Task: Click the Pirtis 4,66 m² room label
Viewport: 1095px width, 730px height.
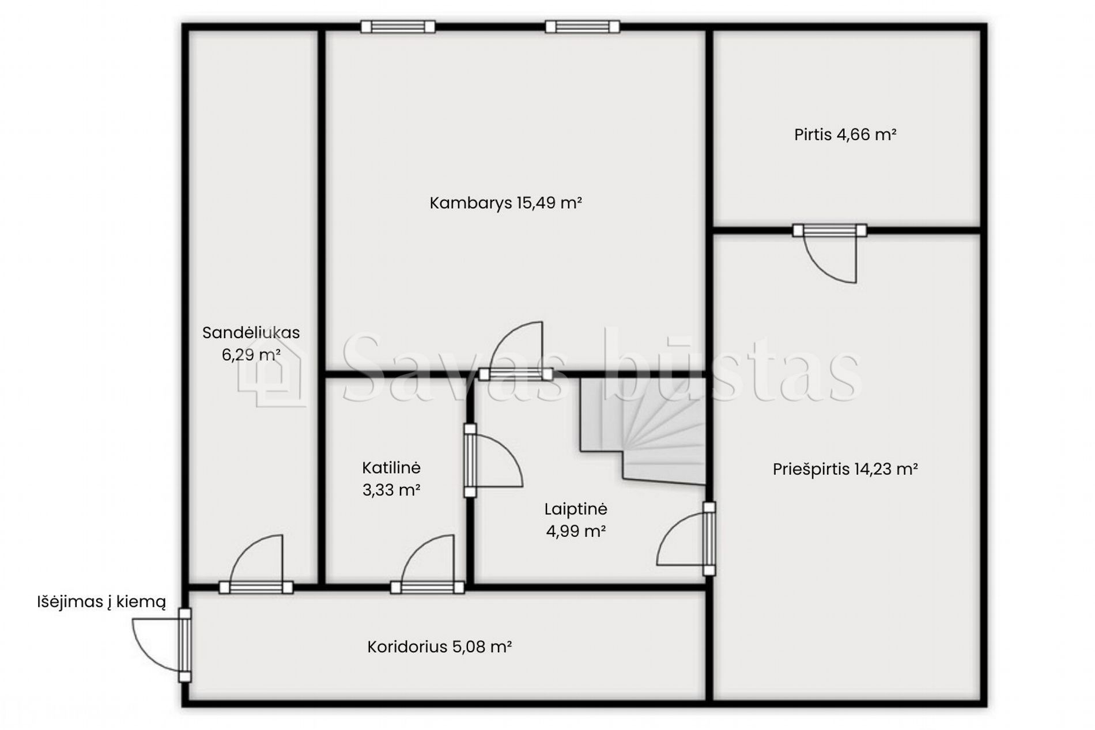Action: click(x=845, y=135)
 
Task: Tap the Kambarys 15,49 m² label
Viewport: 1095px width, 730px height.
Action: click(x=505, y=203)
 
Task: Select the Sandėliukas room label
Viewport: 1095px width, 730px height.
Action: click(x=251, y=343)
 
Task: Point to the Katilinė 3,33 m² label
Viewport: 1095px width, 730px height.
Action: click(x=391, y=479)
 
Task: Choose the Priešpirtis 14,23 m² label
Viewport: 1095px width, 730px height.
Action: click(x=845, y=470)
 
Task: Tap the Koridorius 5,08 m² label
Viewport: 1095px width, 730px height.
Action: click(x=440, y=647)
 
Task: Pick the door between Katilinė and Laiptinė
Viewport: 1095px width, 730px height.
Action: click(x=493, y=460)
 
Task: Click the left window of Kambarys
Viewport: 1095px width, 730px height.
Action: click(x=398, y=27)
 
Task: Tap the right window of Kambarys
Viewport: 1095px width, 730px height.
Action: click(x=582, y=27)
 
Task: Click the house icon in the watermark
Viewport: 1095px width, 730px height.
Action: click(x=271, y=372)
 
